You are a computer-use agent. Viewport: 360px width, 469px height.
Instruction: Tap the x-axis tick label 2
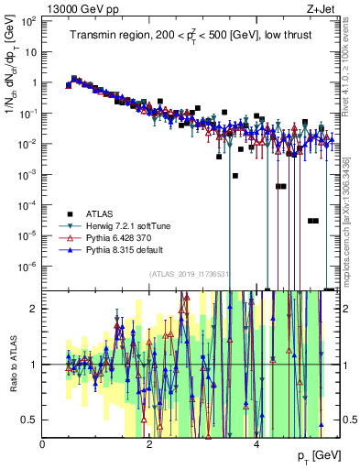tap(150, 442)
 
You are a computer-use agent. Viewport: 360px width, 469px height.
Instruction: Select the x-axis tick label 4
tap(256, 442)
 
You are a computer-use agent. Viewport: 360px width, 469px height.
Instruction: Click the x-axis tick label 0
tap(44, 442)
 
